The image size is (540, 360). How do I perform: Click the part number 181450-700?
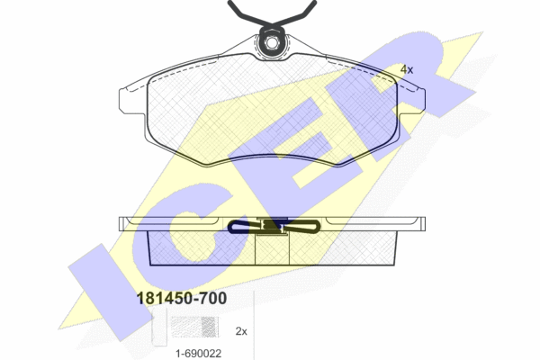[x=182, y=298]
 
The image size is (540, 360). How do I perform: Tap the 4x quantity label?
[x=407, y=69]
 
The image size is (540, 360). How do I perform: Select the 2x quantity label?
[x=241, y=331]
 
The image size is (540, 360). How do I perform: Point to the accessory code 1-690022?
[x=198, y=354]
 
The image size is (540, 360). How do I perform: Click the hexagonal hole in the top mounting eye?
[x=272, y=43]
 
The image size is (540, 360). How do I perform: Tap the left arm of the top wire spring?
[x=247, y=13]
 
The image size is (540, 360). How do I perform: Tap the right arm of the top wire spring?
[x=295, y=13]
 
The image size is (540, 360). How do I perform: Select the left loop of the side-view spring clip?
[x=244, y=227]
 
